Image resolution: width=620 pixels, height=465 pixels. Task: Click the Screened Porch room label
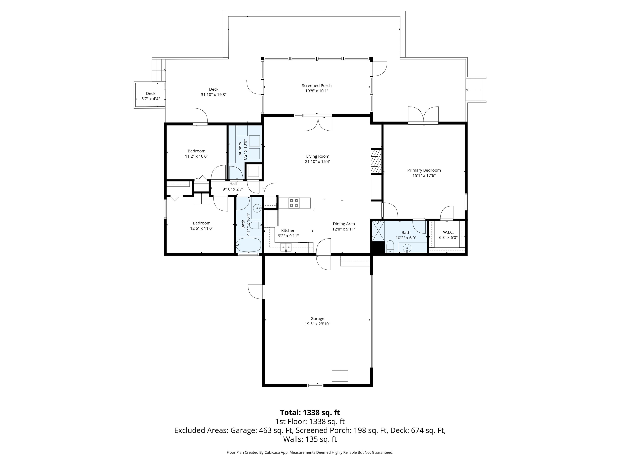317,86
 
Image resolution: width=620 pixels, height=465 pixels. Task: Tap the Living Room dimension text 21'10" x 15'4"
317,161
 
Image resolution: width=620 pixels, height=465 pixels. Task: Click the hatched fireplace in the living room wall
376,162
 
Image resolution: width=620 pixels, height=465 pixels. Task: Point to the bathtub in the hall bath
249,245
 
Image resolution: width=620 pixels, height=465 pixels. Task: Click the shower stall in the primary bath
378,231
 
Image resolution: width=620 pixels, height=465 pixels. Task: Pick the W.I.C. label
448,232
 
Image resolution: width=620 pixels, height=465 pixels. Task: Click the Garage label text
317,318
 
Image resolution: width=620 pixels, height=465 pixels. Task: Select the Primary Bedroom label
424,170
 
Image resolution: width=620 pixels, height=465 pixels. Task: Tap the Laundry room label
240,149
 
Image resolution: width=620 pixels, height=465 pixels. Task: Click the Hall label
233,184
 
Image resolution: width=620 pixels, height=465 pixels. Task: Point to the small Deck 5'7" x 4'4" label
151,96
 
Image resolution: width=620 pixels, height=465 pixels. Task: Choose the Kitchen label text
288,230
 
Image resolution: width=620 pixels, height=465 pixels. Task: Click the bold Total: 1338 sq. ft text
310,413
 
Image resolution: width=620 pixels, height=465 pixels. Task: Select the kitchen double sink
286,247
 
